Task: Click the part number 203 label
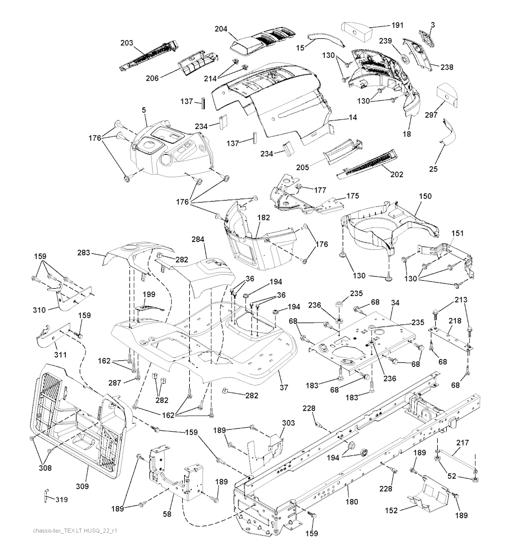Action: click(127, 43)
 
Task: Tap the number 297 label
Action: click(431, 115)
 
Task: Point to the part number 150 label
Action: click(425, 197)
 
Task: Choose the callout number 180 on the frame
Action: click(352, 502)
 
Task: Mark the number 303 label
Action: click(288, 423)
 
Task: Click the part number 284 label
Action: click(198, 240)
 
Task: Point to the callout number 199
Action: click(149, 294)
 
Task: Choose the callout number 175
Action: click(353, 196)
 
